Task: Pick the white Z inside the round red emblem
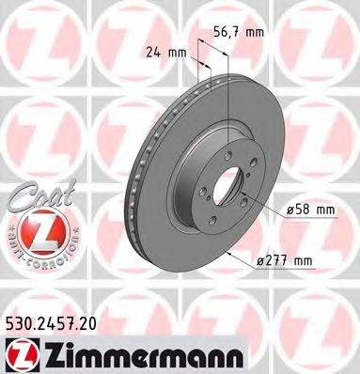click(36, 229)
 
